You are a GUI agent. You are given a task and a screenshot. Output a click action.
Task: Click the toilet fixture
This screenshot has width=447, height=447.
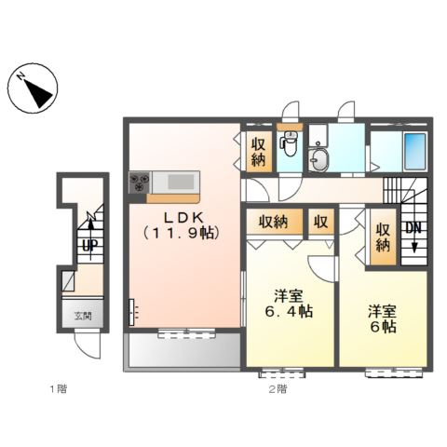click(x=290, y=145)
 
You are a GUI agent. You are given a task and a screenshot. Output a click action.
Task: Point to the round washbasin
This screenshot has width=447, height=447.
click(x=321, y=158)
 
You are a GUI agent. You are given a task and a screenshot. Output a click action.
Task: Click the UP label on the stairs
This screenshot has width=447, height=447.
click(x=88, y=246)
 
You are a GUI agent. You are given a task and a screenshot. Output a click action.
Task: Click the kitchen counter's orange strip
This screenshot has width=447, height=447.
click(x=172, y=197)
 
